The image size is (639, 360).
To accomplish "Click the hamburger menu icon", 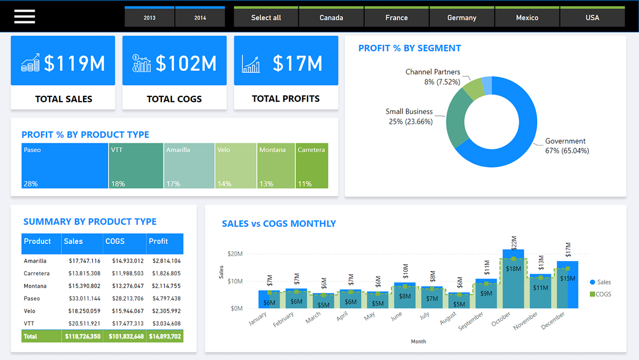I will (24, 17).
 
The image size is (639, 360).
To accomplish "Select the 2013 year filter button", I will (150, 18).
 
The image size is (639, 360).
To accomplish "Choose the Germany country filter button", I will (462, 18).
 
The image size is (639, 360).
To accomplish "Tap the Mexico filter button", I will (527, 18).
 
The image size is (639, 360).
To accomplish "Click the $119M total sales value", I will (74, 63).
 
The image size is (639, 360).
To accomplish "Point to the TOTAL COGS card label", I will (174, 99).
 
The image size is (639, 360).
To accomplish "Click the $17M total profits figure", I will (297, 63).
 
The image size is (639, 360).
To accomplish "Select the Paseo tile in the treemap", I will (65, 166).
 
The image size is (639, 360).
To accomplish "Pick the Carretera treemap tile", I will (312, 166).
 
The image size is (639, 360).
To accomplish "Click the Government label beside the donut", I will (565, 141).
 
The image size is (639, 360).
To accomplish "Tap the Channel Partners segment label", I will (432, 72).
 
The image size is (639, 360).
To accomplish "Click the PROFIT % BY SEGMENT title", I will (409, 48).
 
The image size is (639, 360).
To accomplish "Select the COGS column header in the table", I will (115, 241).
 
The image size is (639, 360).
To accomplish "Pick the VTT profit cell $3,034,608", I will (166, 324).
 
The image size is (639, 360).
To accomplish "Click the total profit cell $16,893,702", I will (165, 337).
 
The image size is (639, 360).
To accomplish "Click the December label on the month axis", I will (554, 321).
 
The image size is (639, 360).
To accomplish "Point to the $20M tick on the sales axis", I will (235, 254).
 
